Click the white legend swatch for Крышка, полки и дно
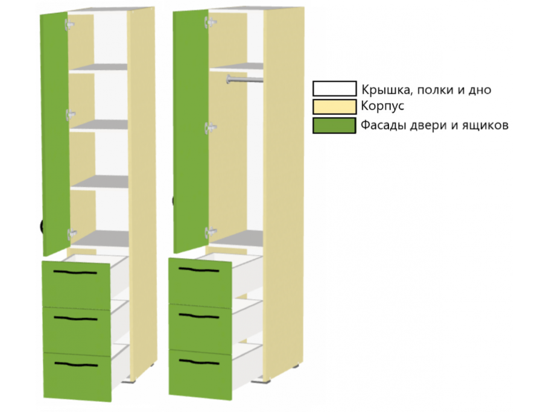(334, 89)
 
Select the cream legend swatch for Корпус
(334, 107)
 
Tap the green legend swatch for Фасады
(334, 125)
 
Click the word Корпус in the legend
(382, 106)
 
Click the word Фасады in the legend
(383, 125)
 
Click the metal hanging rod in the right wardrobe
(244, 80)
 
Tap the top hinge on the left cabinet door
(69, 25)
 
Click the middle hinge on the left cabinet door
(71, 115)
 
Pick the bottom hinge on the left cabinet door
(71, 234)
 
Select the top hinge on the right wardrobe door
(210, 22)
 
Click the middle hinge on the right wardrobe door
(210, 128)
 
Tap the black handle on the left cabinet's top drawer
(75, 272)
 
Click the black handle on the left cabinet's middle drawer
(75, 319)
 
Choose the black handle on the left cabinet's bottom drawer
(76, 365)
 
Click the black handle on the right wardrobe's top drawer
(199, 270)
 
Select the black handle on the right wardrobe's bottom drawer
(199, 361)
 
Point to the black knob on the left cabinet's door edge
(42, 226)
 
